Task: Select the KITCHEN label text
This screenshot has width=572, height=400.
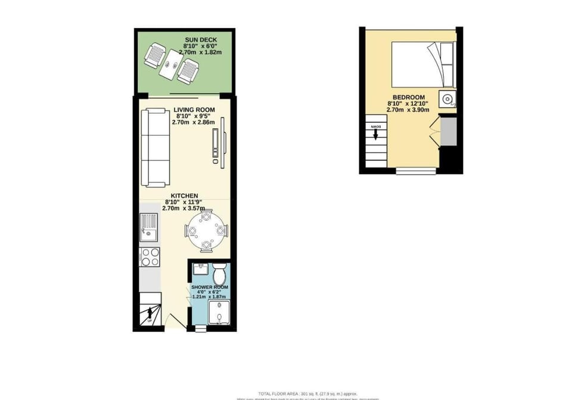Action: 185,196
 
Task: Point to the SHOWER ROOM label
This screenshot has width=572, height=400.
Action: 210,287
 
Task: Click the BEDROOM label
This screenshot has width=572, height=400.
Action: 408,97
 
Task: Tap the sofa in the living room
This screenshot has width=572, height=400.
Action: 154,147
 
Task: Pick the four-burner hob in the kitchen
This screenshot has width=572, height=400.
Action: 150,257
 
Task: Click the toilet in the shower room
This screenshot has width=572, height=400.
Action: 219,274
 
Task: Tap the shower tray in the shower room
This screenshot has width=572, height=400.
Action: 219,312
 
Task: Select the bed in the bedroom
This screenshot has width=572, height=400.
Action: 423,64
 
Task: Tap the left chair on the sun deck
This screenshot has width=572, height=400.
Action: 155,57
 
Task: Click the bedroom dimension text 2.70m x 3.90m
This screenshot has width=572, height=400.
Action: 408,110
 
